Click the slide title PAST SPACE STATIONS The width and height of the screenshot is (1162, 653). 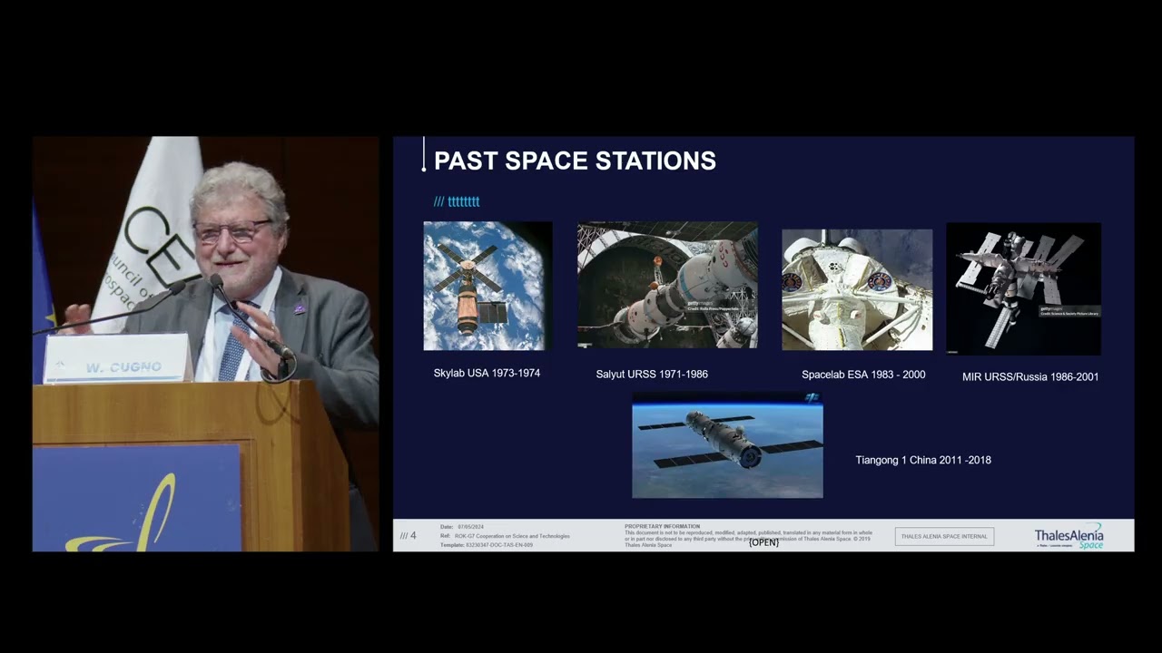[575, 161]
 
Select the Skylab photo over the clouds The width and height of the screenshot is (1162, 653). [487, 286]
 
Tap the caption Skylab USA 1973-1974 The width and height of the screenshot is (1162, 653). [487, 373]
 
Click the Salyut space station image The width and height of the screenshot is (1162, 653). [667, 285]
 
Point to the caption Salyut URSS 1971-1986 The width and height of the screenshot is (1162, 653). [652, 374]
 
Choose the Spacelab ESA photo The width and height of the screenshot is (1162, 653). [857, 289]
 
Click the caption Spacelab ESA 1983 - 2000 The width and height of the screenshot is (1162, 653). [863, 375]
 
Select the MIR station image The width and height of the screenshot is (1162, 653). [1023, 288]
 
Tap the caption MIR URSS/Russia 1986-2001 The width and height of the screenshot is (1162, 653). [1030, 376]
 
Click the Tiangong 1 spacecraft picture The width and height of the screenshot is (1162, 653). [727, 445]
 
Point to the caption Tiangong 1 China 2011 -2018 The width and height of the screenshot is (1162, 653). [923, 460]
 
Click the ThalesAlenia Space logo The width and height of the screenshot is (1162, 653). [1068, 536]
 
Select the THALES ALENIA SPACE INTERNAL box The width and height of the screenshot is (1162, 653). [944, 536]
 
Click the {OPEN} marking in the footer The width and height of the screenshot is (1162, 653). [763, 542]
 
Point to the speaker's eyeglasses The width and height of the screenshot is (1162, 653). [232, 232]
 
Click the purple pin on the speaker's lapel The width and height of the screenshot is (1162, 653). [300, 309]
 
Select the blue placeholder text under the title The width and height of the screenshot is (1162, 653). [457, 201]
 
